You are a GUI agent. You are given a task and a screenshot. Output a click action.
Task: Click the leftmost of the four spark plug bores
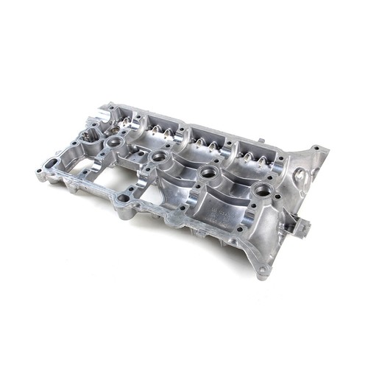coord(113,141)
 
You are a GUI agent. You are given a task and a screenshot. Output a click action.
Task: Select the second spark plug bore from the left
coord(157,156)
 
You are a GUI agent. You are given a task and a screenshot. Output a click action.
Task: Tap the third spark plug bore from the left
coord(207,172)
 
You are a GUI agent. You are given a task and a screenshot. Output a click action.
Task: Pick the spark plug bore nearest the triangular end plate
coord(261,191)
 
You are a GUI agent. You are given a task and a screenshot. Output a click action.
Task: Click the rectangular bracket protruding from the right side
coord(300,225)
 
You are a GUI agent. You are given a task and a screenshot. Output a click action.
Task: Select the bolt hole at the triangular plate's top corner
coord(316,149)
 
